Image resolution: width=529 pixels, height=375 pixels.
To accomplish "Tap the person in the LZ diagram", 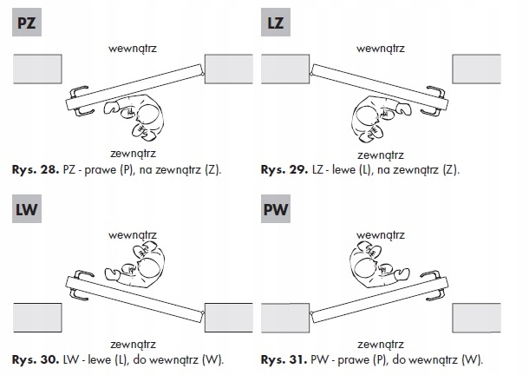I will [379, 116].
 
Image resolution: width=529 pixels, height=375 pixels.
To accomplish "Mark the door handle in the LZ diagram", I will [437, 97].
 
